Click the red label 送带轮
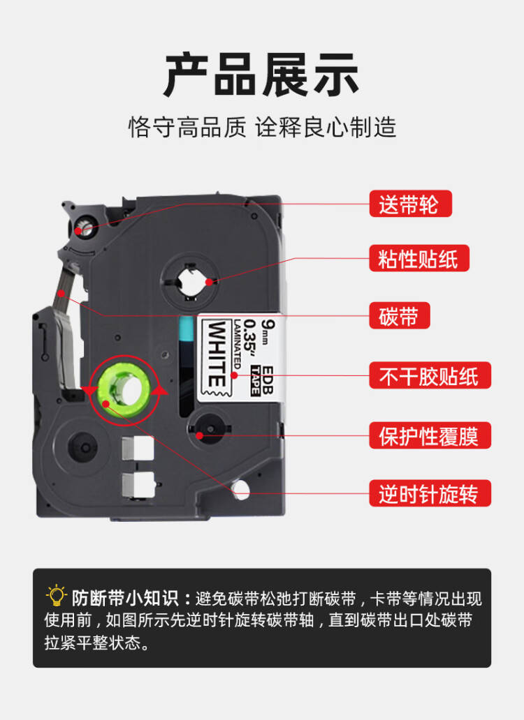(x=410, y=204)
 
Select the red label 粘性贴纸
(x=419, y=259)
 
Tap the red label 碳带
(x=399, y=315)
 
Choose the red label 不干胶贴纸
(x=429, y=376)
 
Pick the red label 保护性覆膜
(x=429, y=436)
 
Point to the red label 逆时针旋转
(x=429, y=494)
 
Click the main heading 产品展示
(x=262, y=75)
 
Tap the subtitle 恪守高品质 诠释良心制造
(x=262, y=127)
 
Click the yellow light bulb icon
(x=56, y=597)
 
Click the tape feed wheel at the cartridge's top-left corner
(x=82, y=227)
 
